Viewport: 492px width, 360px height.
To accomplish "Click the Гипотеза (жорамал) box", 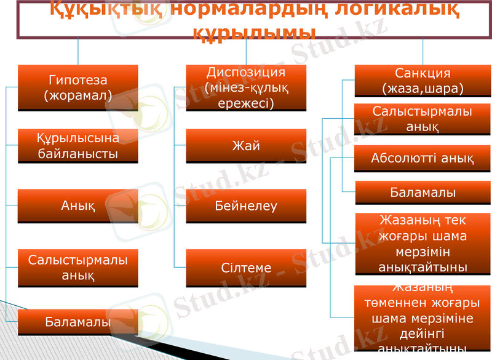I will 77,87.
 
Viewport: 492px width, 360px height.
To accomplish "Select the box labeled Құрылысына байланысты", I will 77,146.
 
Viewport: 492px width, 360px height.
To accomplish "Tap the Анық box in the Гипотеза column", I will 77,206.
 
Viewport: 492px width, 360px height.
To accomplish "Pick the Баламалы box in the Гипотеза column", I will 77,322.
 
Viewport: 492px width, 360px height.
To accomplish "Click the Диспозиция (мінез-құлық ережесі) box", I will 246,88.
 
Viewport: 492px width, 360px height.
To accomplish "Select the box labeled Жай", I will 246,146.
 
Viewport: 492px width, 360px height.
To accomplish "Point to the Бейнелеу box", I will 246,206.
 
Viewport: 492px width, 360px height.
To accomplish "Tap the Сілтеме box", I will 246,268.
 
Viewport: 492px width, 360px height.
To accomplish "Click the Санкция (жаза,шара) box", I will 423,81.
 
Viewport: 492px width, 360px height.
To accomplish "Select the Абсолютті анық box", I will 423,159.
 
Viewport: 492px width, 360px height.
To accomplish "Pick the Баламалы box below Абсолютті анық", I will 423,193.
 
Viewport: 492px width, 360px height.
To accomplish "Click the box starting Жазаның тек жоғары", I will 423,243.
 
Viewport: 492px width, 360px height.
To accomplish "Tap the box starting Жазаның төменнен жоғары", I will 423,318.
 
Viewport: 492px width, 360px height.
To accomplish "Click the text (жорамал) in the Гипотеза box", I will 77,95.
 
